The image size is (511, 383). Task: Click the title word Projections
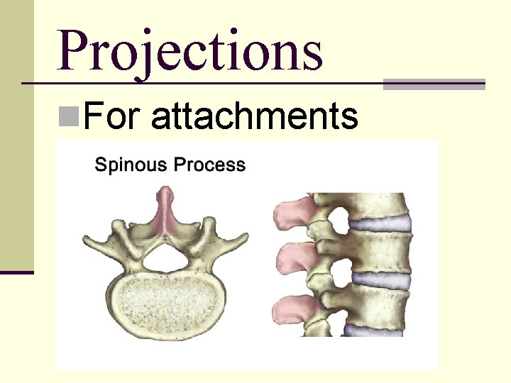point(190,51)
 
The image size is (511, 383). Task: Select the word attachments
point(254,116)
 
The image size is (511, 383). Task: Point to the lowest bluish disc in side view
point(380,328)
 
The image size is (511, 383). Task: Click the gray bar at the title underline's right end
point(434,84)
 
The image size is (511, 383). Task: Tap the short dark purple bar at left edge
point(16,271)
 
